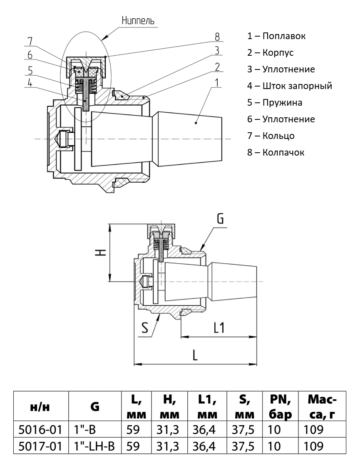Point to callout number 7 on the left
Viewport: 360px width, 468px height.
[30, 41]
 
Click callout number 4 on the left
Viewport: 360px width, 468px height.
[30, 83]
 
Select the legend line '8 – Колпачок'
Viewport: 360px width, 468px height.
[276, 152]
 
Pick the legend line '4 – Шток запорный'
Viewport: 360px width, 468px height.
[289, 86]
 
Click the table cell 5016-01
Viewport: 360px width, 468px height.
[40, 429]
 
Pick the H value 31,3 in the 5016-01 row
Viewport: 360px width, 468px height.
[169, 429]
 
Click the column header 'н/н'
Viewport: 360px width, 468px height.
[40, 408]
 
